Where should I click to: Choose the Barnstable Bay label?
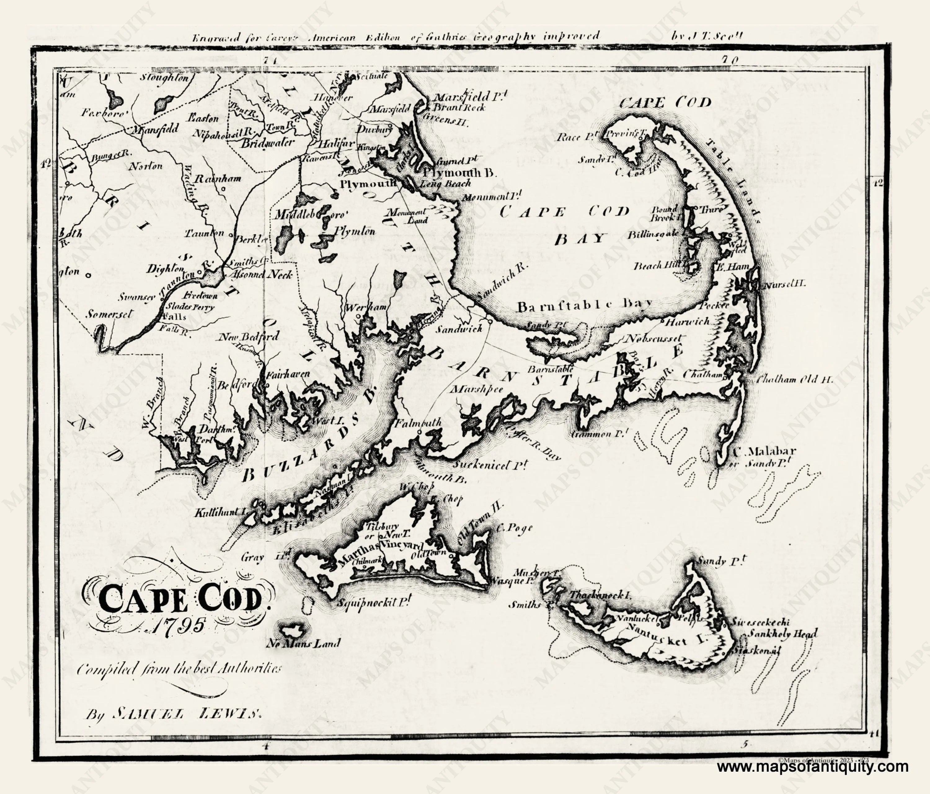583,306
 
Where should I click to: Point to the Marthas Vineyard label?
377,550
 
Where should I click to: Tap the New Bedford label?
249,337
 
